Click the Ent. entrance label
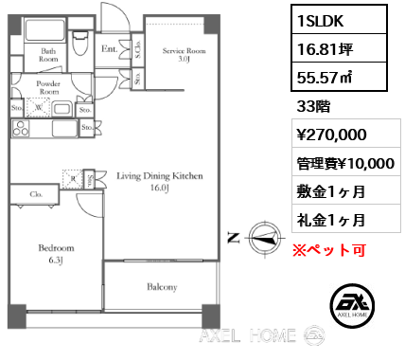click(x=109, y=46)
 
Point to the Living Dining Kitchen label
click(x=161, y=181)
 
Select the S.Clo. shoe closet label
click(x=139, y=46)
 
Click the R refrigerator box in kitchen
click(x=73, y=176)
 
